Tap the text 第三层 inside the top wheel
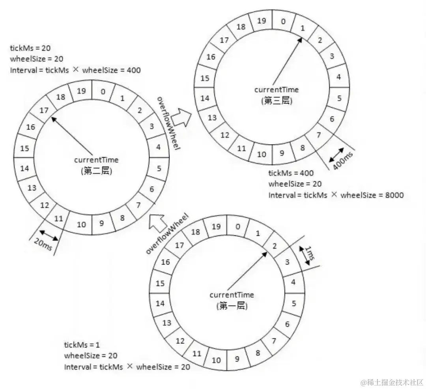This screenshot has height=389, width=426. pyautogui.click(x=277, y=101)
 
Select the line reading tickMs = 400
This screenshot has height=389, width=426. pyautogui.click(x=291, y=173)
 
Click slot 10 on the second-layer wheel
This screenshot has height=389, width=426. pyautogui.click(x=81, y=224)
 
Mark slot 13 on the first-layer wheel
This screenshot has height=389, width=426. pyautogui.click(x=167, y=323)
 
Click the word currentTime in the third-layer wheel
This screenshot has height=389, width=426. pyautogui.click(x=277, y=90)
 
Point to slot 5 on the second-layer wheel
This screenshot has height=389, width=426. pyautogui.click(x=159, y=168)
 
